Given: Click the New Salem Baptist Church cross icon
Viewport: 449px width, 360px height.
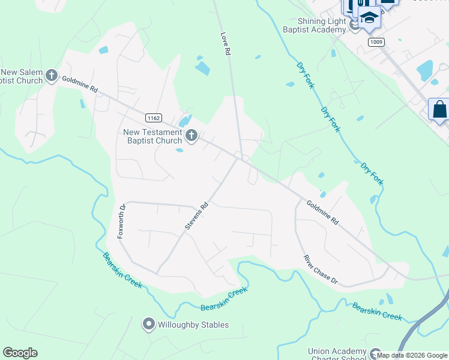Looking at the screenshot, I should pos(52,76).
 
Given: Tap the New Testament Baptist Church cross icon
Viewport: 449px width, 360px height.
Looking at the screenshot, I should pos(191,136).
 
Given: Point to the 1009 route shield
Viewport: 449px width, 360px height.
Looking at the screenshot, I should pos(376,42).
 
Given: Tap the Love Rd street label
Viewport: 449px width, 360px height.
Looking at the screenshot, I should pos(226,44).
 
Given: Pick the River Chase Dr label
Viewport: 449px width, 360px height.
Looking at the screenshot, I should pos(321,269).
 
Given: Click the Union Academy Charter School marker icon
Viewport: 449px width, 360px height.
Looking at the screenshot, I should pos(375,354).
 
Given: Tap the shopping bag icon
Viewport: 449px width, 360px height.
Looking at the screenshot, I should pos(439,110).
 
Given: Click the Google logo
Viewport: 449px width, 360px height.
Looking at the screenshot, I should pos(20,353).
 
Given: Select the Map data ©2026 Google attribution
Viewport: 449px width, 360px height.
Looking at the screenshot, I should pos(412,356).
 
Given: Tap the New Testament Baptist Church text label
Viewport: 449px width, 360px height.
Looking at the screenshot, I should pos(152,136).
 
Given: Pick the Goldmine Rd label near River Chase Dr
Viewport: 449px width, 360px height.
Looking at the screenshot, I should pos(322,213).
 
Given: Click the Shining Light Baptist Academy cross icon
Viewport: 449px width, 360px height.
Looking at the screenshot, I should pos(354,25).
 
